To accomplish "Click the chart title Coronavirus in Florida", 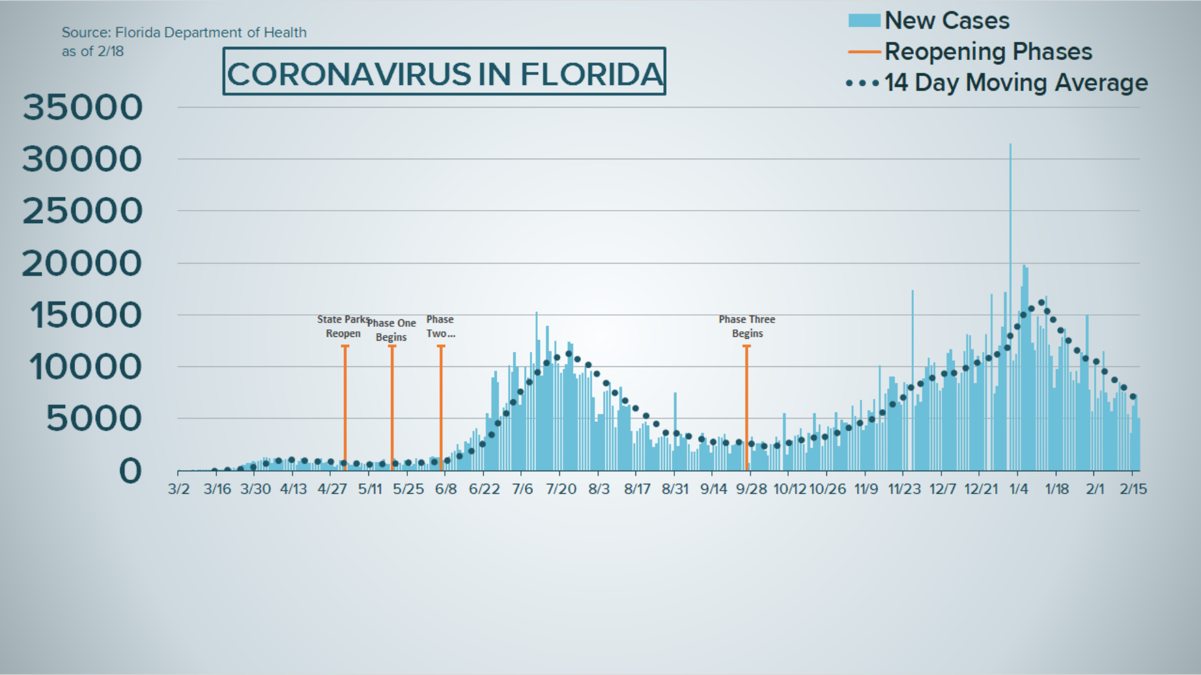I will [444, 73].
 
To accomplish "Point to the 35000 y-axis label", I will [83, 107].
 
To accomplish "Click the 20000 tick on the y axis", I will [83, 263].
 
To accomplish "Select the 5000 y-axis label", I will [94, 418].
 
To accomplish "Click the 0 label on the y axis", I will [130, 471].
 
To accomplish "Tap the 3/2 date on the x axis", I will [178, 489].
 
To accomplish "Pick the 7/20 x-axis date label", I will [561, 489].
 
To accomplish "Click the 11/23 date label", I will [905, 489].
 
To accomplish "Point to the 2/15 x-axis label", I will [1133, 489].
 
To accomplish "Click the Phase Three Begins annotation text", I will [747, 326].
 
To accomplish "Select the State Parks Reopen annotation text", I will [343, 326].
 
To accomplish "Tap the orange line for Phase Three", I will [746, 406].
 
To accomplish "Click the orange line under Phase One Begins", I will [392, 406].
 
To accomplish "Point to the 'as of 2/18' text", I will [93, 52].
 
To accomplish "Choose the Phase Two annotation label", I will [440, 326].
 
